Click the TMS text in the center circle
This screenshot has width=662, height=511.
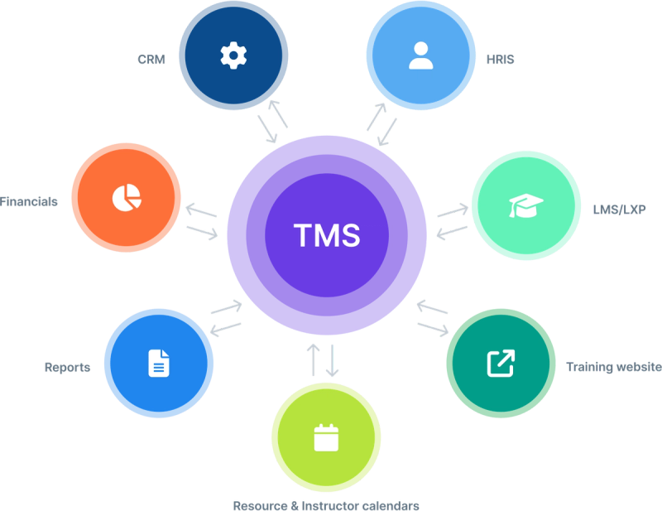327,236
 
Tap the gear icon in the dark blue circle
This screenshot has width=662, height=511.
233,55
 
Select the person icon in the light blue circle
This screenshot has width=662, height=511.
420,55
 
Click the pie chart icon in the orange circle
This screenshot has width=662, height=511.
126,197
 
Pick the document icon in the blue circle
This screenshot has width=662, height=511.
158,362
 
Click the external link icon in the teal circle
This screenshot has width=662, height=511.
500,363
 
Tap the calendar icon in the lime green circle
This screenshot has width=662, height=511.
327,436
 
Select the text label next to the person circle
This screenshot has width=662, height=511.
501,59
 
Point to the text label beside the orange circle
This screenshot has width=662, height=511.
30,201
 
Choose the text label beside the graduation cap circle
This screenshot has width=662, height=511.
619,210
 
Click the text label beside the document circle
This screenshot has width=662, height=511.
68,367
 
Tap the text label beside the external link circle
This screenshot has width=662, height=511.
612,365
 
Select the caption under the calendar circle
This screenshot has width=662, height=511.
327,504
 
